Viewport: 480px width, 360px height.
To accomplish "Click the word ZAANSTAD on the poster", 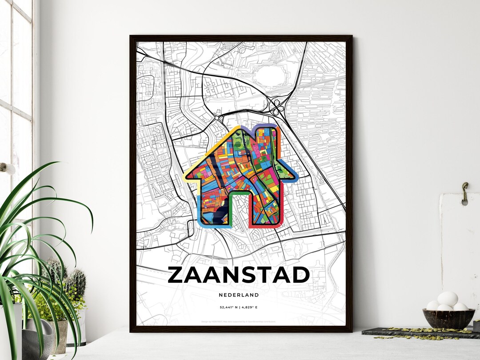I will (239, 275).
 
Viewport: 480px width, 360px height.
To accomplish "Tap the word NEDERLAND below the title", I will (239, 295).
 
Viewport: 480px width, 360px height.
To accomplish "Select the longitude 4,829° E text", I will (251, 307).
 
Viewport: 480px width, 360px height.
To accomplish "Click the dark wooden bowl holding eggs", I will (448, 317).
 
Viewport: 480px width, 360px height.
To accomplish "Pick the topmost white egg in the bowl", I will (448, 299).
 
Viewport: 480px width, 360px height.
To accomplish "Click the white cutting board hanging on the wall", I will (460, 249).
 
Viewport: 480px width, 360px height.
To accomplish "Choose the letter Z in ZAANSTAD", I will (176, 275).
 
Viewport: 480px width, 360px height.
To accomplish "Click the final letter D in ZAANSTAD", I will (300, 275).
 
